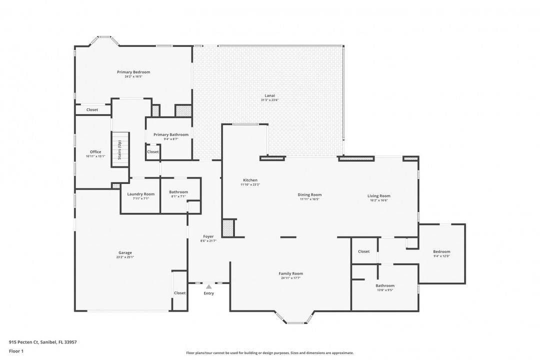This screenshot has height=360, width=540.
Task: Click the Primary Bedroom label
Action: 133,72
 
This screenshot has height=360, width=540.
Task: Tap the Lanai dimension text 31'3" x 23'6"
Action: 269,100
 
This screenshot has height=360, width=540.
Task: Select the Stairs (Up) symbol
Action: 120,149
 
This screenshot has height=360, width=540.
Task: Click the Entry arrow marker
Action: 208,286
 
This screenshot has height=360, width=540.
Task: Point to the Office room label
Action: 95,152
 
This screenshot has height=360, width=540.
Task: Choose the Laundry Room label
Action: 141,194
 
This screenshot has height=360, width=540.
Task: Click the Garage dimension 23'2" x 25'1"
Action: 125,257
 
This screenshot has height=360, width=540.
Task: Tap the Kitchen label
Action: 250,180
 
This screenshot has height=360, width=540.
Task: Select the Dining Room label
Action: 309,194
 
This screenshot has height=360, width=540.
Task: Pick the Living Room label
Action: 378,196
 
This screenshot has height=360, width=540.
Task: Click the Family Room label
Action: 290,273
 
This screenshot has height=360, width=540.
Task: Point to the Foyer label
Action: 208,236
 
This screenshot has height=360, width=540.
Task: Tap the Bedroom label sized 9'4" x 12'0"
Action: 441,251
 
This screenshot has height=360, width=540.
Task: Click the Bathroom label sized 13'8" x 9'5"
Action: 385,285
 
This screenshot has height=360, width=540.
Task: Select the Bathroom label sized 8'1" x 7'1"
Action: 178,192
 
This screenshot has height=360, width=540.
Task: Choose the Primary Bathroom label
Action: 171,134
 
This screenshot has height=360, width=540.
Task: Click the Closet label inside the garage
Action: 179,293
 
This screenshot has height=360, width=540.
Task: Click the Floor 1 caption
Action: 16,351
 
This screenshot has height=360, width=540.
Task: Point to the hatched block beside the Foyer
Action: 228,227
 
